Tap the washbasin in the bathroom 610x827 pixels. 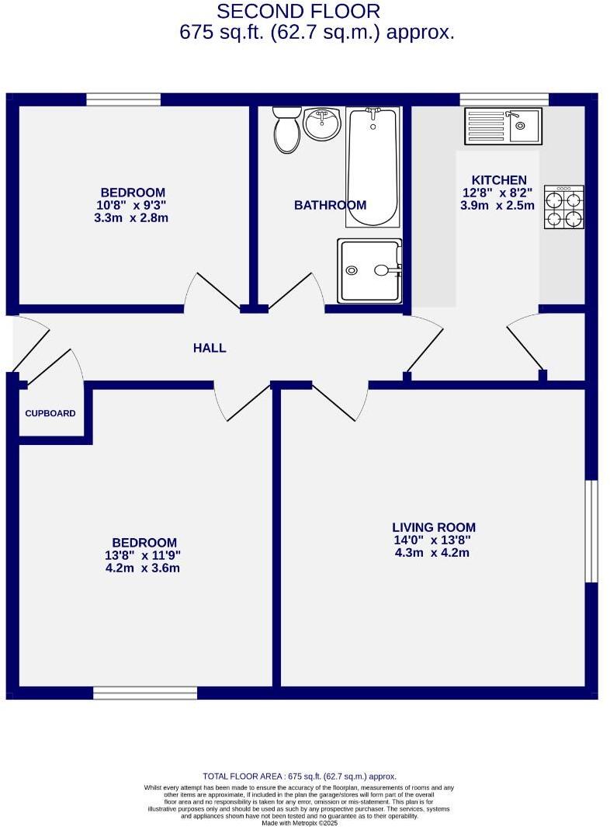pos(321,124)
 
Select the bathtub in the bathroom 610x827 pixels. pos(373,166)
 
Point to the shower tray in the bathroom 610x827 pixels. pos(369,270)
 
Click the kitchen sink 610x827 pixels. pos(503,126)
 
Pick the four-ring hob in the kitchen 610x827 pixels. pos(564,207)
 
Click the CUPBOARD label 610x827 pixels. pos(50,413)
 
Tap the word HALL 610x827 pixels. pos(210,348)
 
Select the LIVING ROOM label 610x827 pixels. pos(433,527)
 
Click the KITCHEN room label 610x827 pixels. pos(494,180)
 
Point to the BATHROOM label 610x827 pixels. pos(330,205)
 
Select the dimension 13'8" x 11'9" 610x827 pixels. pos(144,555)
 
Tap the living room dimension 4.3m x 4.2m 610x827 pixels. pos(432,553)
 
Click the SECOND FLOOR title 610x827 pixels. pos(298,12)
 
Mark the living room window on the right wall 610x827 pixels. pos(591,530)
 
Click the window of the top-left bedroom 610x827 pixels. pos(123,99)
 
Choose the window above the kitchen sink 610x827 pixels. pos(504,99)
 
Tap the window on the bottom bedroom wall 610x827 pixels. pos(145,693)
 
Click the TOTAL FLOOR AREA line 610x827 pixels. pos(300,776)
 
